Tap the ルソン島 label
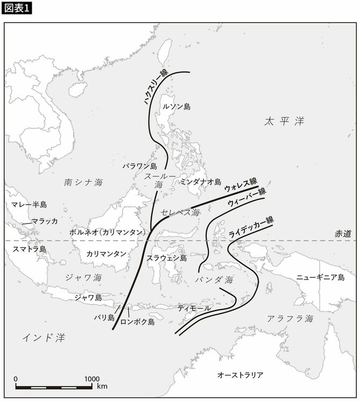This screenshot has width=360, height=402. [176, 107]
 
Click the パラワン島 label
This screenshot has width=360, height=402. [139, 167]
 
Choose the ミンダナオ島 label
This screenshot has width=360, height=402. [200, 182]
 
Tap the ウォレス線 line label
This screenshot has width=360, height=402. [240, 185]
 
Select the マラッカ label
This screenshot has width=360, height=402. [45, 221]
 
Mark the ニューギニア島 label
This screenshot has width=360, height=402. [320, 278]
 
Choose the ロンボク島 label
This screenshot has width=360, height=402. [138, 322]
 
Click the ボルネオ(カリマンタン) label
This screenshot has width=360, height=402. [107, 233]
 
